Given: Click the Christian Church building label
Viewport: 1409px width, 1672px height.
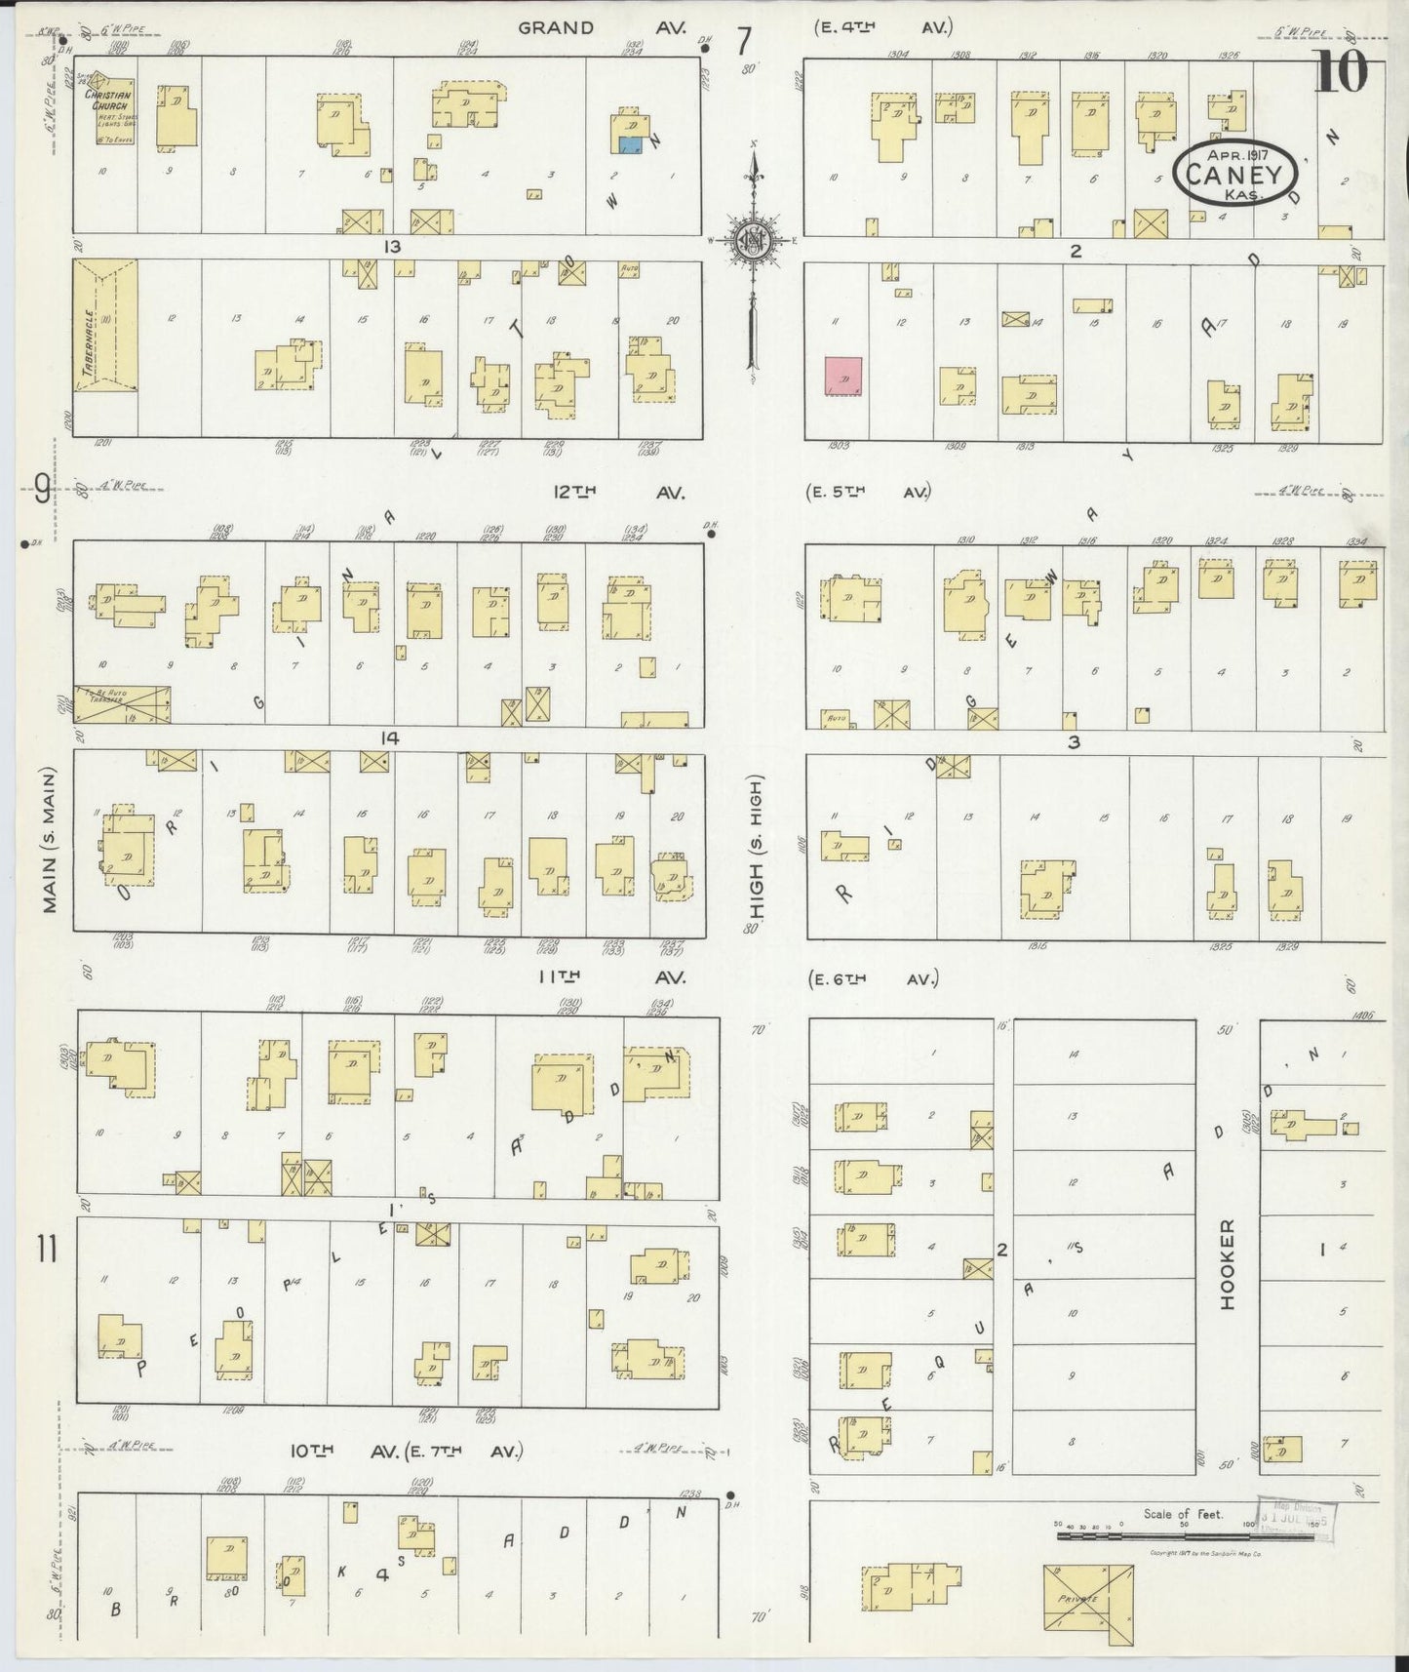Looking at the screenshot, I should click(x=106, y=100).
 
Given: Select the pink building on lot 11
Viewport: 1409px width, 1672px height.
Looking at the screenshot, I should click(x=843, y=376).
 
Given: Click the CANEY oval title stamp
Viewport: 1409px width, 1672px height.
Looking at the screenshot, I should click(x=1235, y=175).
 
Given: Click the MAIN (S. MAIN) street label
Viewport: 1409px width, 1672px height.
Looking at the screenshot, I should click(x=50, y=839).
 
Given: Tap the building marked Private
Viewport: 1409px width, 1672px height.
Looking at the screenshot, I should click(x=1088, y=1600).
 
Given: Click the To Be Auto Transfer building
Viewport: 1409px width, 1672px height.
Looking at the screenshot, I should click(x=122, y=703).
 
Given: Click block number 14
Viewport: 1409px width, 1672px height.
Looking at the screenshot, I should click(x=390, y=738).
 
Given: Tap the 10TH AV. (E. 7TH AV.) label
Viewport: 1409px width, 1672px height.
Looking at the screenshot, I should click(x=407, y=1452).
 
